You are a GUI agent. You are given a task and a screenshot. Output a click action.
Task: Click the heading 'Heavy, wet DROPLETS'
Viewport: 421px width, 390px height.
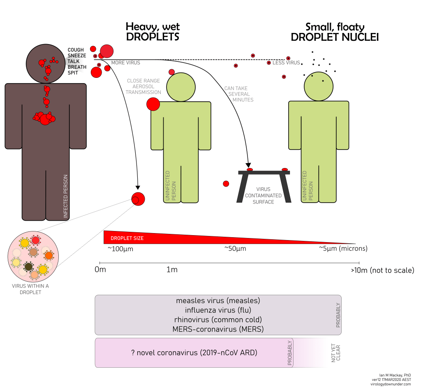(153, 32)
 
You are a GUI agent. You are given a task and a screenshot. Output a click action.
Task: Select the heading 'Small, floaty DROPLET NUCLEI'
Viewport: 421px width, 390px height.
(335, 32)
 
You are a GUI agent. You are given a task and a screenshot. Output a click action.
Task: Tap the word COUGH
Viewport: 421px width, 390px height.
(76, 50)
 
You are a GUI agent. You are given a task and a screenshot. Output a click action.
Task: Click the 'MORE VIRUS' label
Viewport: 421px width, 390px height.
(126, 63)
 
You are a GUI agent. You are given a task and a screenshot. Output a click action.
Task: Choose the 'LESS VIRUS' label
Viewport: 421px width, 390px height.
(286, 63)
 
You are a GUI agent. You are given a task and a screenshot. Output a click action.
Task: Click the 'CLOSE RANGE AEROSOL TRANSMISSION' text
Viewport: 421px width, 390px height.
(143, 86)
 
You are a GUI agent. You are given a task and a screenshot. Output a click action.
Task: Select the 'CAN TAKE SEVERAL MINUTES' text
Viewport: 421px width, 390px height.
(239, 94)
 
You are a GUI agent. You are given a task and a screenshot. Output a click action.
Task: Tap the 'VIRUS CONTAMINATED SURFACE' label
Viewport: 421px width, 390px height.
(263, 196)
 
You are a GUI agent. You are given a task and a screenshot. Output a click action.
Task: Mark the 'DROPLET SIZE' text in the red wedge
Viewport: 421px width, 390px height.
(127, 238)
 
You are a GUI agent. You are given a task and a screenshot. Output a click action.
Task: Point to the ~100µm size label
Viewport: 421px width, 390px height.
(120, 249)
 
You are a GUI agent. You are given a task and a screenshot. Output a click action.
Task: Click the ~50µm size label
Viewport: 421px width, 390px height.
(235, 249)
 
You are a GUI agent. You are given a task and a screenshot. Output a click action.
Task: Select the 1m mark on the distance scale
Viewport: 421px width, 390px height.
(172, 270)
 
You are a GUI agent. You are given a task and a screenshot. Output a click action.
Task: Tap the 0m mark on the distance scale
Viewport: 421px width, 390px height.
(100, 270)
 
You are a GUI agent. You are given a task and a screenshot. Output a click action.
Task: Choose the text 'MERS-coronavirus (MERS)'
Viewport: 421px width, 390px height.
(218, 329)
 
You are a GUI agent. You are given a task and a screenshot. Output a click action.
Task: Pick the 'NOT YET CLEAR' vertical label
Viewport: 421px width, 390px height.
(336, 353)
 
